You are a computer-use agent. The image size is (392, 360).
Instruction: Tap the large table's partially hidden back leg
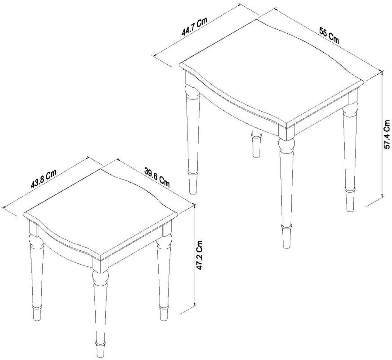(256, 144)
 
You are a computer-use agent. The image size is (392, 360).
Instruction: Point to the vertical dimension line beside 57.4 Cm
(382, 135)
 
